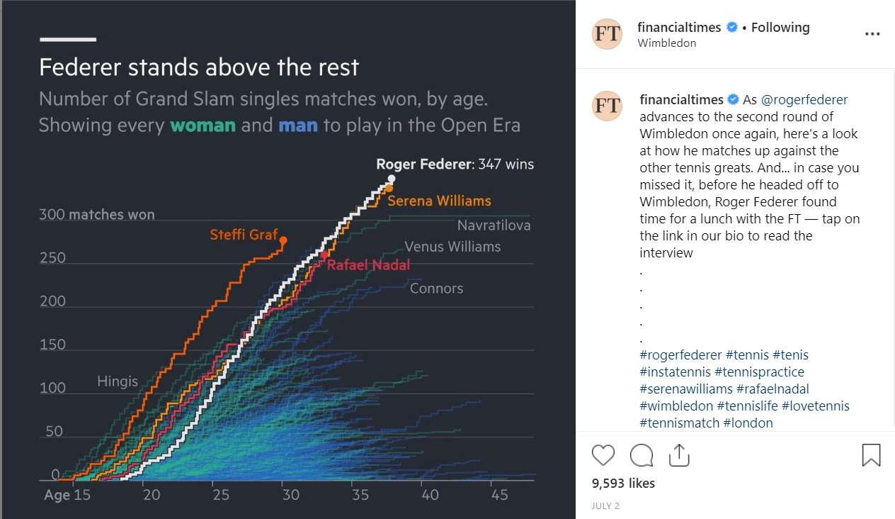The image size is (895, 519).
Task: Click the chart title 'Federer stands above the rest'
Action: point(199,67)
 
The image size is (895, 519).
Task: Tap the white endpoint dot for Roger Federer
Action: point(392,179)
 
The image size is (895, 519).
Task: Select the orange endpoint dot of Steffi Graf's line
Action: point(283,240)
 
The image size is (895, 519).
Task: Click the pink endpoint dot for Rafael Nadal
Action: point(324,255)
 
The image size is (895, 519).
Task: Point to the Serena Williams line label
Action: point(439,201)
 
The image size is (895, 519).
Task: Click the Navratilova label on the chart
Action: point(494,225)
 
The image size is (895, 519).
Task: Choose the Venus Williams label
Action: point(452,247)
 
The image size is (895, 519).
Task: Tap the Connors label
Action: point(436,289)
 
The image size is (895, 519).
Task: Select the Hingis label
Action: point(118,381)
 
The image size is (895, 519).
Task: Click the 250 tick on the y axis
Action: point(52,258)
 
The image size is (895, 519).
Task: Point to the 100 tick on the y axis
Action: point(52,388)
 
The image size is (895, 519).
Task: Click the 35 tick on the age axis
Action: point(360,495)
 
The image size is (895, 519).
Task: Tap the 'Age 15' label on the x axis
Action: point(67,495)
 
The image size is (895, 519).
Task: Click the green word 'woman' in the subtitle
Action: point(203,125)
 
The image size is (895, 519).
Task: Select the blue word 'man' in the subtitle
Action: point(298,125)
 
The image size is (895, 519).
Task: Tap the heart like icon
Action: point(603,454)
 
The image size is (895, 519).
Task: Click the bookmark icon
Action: point(871,454)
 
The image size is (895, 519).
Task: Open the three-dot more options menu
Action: point(872,33)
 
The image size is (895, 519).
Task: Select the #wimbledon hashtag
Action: point(676,406)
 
